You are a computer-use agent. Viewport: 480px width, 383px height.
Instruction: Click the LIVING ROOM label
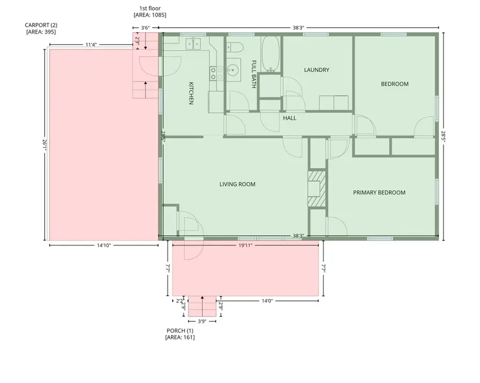[237, 185]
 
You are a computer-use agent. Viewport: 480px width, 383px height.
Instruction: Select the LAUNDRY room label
[316, 70]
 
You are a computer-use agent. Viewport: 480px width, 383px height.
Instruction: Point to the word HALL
[290, 118]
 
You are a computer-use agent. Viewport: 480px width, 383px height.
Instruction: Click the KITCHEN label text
[190, 93]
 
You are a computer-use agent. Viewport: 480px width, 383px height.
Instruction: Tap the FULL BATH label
[254, 74]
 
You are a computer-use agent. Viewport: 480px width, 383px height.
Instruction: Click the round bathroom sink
[233, 69]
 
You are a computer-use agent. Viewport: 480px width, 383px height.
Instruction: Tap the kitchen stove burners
[215, 73]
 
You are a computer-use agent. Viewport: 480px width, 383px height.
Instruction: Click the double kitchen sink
[193, 43]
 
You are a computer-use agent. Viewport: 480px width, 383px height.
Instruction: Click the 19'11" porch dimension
[245, 246]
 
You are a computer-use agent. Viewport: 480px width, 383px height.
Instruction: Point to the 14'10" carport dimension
[103, 246]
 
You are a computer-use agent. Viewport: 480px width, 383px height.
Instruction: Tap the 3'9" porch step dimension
[202, 321]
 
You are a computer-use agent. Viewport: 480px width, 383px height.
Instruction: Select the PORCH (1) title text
[180, 331]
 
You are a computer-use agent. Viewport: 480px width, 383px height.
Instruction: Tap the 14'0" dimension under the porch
[267, 301]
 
